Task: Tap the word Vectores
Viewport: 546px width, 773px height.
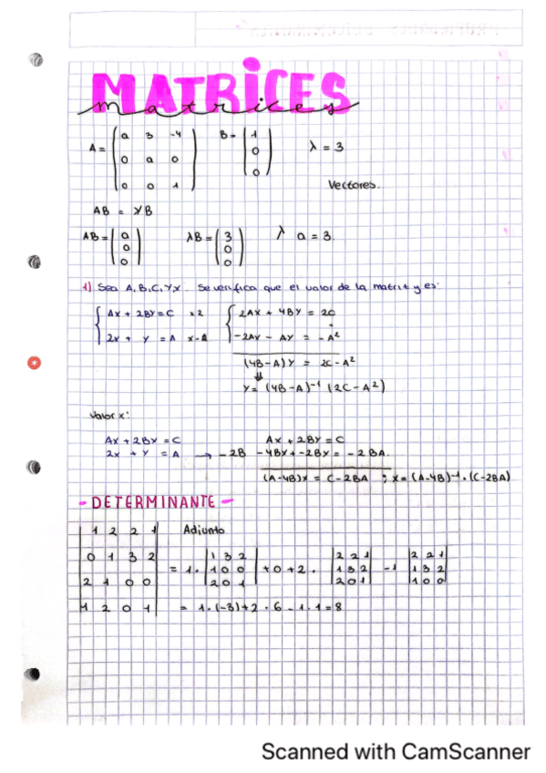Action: pyautogui.click(x=355, y=184)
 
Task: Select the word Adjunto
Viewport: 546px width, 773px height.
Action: pyautogui.click(x=204, y=529)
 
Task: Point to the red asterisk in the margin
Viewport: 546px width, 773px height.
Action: pyautogui.click(x=35, y=365)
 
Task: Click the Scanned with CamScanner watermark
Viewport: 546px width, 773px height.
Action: pyautogui.click(x=396, y=752)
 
